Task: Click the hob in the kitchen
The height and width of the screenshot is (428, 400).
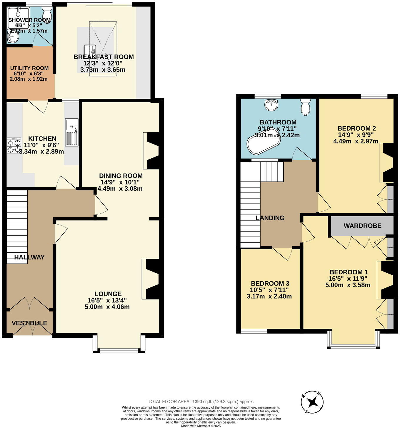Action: click(14, 145)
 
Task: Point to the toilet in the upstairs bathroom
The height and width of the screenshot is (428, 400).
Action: click(306, 107)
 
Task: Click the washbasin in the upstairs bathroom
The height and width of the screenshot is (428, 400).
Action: click(271, 105)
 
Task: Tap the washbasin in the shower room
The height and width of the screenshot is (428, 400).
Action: click(13, 37)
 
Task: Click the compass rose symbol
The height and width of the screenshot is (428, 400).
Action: click(312, 402)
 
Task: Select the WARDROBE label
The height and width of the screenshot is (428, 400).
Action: click(362, 226)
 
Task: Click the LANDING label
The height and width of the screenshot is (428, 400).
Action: click(270, 218)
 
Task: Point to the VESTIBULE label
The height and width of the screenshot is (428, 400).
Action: click(29, 323)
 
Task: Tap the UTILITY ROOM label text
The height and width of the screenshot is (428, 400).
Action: click(29, 68)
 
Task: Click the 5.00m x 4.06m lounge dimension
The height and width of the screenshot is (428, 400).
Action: click(107, 307)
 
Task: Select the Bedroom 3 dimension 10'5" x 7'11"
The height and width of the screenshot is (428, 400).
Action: click(269, 290)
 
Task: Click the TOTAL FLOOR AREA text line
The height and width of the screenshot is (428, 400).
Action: click(201, 401)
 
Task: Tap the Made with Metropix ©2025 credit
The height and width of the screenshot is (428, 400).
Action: click(201, 426)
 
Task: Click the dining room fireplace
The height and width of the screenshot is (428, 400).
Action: click(152, 151)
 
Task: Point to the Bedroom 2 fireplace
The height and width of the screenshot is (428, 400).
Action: click(388, 162)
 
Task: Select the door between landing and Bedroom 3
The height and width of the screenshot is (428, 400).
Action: click(282, 253)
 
